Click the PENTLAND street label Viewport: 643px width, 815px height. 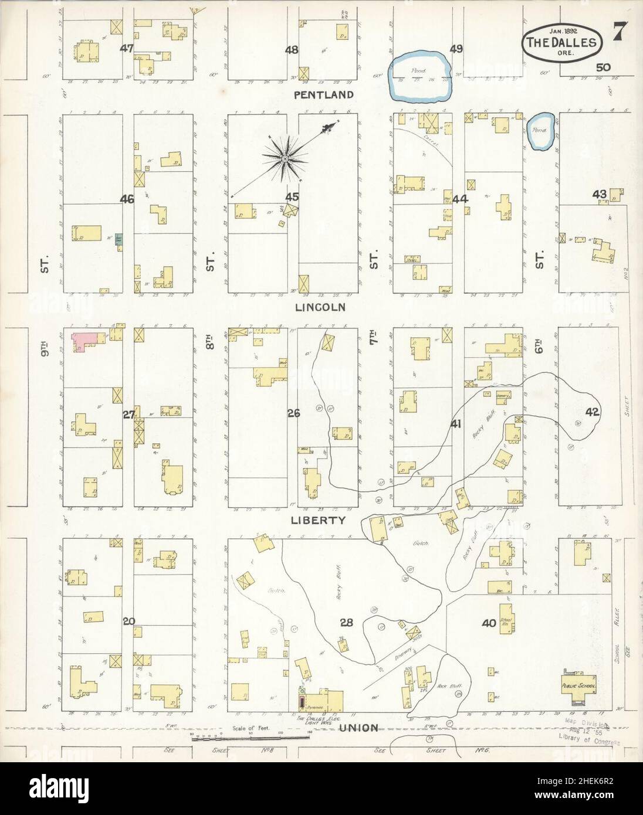(x=324, y=94)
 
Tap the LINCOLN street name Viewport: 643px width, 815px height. (x=320, y=307)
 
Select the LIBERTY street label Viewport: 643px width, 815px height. (x=320, y=520)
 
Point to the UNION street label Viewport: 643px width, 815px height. (x=357, y=728)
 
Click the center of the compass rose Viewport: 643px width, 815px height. (x=285, y=158)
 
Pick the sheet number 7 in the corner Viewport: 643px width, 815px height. (x=618, y=32)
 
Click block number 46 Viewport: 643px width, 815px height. (x=127, y=199)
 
